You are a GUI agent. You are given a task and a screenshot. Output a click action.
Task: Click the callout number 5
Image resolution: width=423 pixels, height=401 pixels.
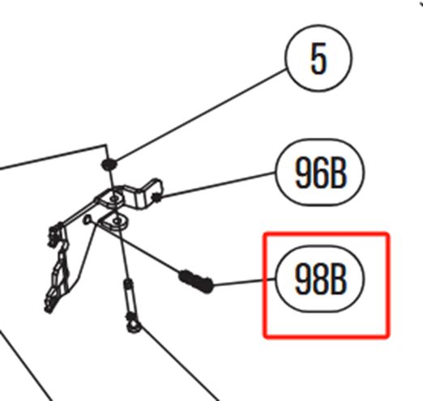[x=318, y=58]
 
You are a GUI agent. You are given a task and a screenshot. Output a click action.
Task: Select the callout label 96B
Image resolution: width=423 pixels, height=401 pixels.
[x=320, y=173]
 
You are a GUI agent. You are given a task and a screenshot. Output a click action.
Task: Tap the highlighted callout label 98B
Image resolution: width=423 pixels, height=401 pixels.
[x=320, y=279]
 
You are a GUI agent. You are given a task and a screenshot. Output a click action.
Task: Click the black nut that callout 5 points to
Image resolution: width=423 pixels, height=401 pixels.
[x=109, y=164]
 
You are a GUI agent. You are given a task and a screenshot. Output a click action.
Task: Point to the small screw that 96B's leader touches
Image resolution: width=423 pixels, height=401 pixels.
[x=156, y=198]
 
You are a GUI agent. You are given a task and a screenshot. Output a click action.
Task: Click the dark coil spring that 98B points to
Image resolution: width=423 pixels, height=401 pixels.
[x=196, y=281]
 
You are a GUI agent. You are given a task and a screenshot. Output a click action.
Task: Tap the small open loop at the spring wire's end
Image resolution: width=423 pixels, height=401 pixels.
[x=87, y=220]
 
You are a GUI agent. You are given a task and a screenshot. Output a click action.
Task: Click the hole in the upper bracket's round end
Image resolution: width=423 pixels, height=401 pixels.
[x=114, y=199]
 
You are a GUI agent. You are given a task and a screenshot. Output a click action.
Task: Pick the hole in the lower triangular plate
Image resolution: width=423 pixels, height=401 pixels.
[x=117, y=221]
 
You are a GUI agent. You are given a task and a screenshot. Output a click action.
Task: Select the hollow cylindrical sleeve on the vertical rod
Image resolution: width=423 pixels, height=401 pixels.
[x=129, y=295]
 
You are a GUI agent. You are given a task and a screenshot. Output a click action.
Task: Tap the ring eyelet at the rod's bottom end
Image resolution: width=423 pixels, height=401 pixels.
[x=134, y=326]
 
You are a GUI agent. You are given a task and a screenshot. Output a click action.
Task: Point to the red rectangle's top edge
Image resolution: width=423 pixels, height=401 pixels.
[x=327, y=233]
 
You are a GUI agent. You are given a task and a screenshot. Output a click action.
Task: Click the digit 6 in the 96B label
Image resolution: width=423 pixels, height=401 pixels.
[x=320, y=173]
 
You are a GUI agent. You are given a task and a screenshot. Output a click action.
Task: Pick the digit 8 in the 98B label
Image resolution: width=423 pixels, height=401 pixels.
[x=320, y=279]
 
